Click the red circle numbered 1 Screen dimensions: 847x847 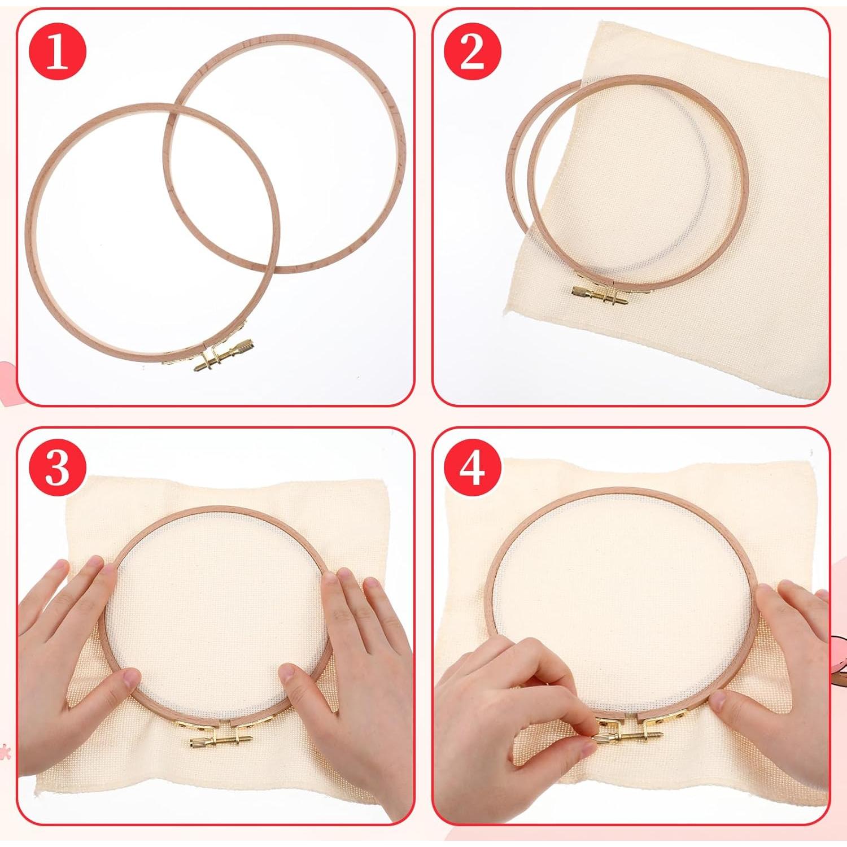pyautogui.click(x=57, y=54)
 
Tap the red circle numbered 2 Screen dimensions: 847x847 pyautogui.click(x=472, y=54)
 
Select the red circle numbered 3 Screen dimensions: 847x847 pyautogui.click(x=57, y=468)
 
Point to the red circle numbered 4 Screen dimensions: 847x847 pyautogui.click(x=472, y=468)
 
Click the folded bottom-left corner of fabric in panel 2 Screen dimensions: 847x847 pyautogui.click(x=511, y=308)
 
